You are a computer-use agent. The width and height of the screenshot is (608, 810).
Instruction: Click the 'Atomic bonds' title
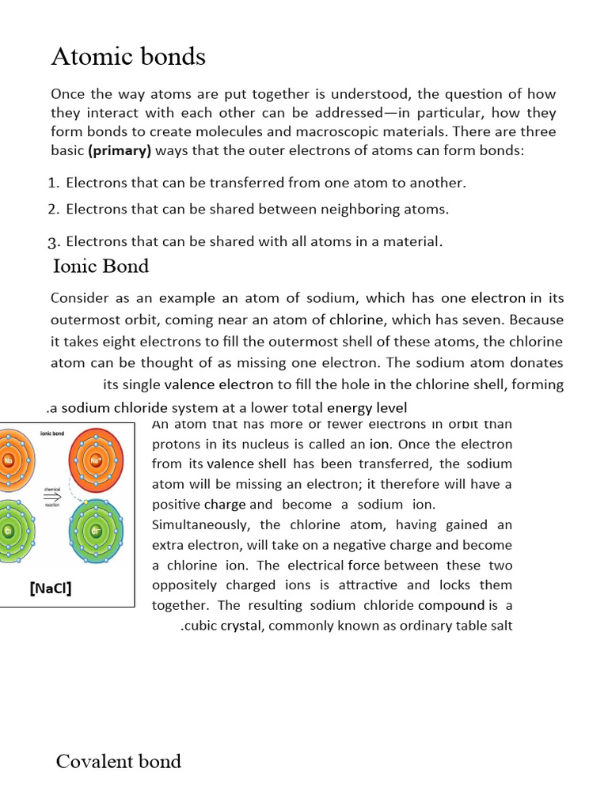(x=128, y=56)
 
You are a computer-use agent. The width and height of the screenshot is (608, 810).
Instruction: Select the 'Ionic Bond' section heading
(x=101, y=266)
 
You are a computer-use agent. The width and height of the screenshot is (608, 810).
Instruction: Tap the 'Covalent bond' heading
(x=119, y=761)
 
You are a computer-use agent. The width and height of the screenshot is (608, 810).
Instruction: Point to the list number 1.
(x=52, y=183)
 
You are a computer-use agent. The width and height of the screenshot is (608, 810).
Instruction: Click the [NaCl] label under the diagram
(x=50, y=589)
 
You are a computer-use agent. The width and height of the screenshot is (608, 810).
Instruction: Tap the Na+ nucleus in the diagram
(x=97, y=460)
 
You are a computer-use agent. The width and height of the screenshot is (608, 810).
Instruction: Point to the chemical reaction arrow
(x=51, y=497)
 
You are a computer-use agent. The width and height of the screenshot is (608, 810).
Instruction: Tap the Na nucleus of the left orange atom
(x=9, y=460)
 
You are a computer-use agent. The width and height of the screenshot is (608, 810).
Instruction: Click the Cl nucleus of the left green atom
(x=7, y=531)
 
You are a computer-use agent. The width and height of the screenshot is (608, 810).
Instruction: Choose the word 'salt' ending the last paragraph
(x=500, y=626)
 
